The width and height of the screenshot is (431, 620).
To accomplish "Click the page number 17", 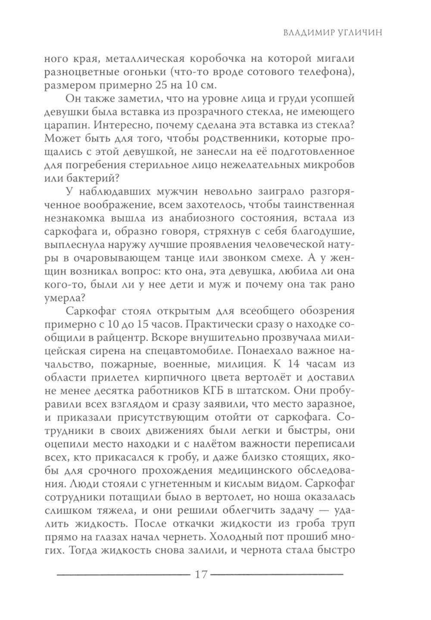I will pyautogui.click(x=202, y=574).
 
